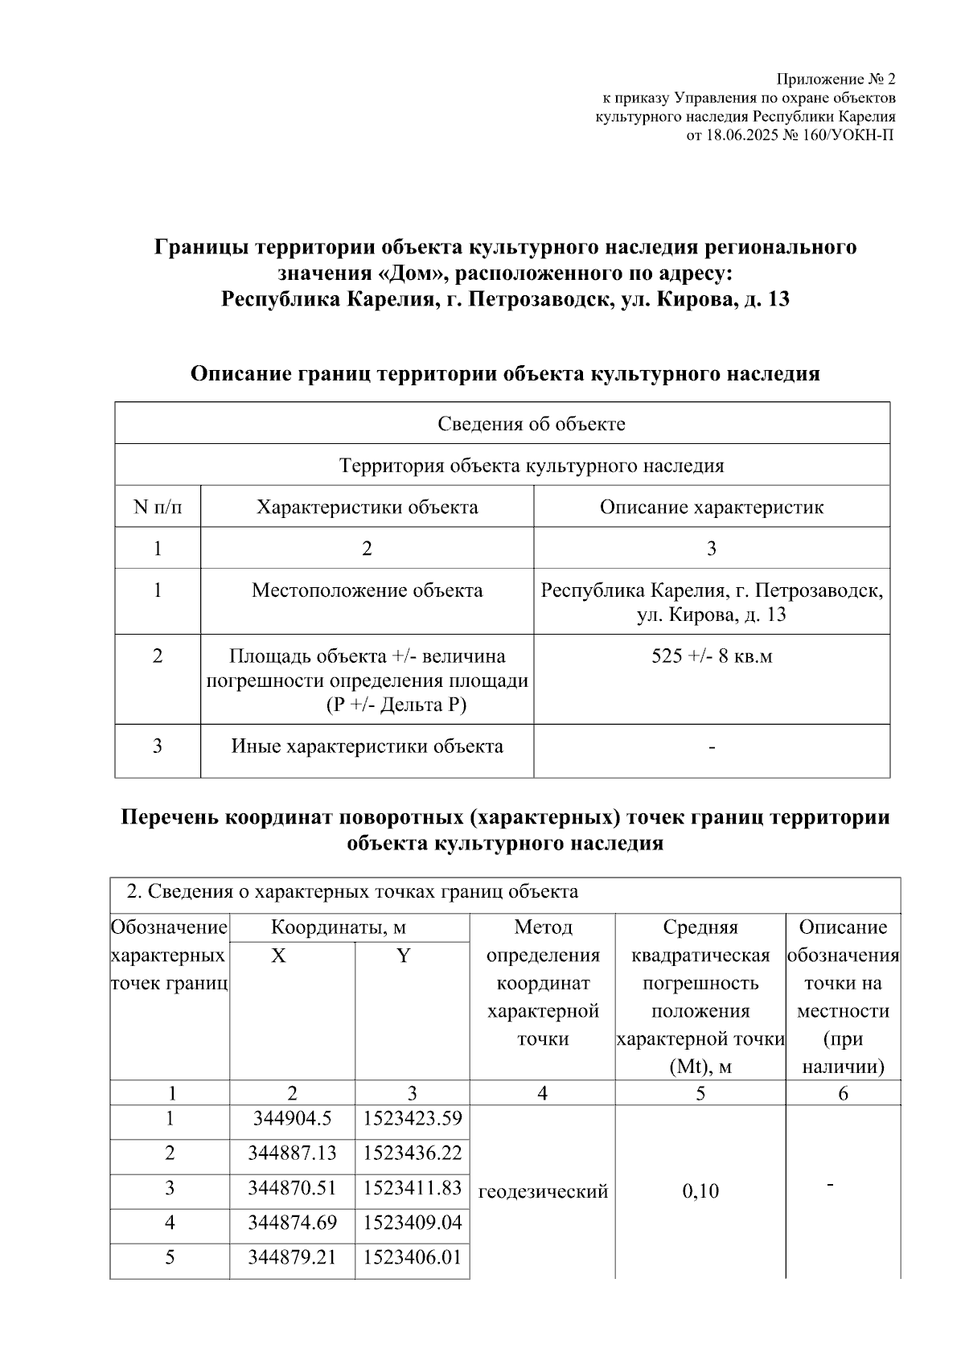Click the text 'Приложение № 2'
835,80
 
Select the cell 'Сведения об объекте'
531,424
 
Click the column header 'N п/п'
158,508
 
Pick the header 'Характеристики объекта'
367,508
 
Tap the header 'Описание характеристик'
711,508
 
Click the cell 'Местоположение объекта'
367,590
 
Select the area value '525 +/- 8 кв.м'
711,656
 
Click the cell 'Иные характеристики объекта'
367,746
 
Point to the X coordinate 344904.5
292,1118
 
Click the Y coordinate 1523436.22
413,1153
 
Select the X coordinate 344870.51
292,1188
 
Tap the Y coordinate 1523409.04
413,1223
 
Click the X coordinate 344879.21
292,1257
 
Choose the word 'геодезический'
543,1191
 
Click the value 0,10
700,1191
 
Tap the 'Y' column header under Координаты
404,956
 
